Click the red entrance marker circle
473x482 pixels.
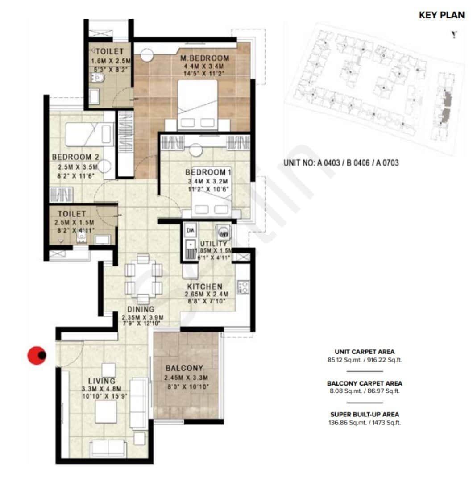coord(37,355)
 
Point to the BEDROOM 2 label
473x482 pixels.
coord(75,157)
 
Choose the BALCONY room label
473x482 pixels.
coord(185,368)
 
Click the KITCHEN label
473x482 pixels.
coord(205,287)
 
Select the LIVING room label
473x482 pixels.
coord(102,381)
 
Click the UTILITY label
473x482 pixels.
coord(213,244)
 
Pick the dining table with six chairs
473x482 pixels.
coord(143,280)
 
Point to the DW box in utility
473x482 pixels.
coord(189,230)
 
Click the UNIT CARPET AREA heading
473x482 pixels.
coord(365,351)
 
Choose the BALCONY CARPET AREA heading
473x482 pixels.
coord(365,383)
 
